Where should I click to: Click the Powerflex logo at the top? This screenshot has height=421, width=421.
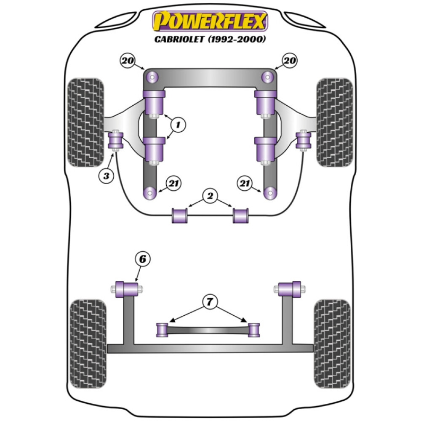coord(210,21)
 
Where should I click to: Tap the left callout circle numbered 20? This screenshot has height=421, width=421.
coord(127,61)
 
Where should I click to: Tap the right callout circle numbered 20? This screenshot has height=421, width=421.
coord(290,61)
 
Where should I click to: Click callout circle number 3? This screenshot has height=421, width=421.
coord(107,176)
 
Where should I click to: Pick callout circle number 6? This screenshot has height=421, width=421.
coord(142,260)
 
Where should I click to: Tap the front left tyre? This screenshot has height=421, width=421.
coord(85,122)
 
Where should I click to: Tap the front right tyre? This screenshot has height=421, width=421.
coord(335,122)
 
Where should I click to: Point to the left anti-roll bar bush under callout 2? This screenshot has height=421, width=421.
coord(180,215)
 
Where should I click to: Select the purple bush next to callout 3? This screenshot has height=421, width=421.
coord(115,141)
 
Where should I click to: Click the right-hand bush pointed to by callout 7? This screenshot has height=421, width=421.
coord(254,330)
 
